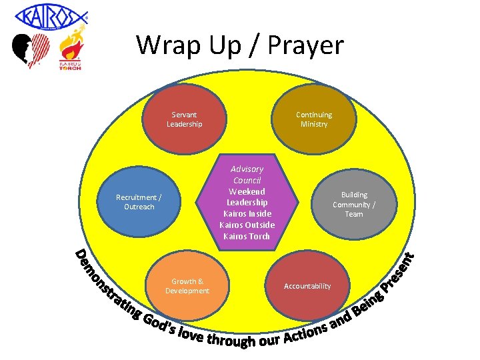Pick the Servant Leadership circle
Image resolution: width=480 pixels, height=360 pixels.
pos(184,119)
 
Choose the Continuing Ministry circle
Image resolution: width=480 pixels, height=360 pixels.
pos(314,119)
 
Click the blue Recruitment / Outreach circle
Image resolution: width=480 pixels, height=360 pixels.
pos(139,202)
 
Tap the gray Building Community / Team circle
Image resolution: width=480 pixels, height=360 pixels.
pos(354,204)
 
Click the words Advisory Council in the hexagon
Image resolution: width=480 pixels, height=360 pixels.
pos(247,175)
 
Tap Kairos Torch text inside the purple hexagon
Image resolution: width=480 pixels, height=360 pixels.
pos(247,236)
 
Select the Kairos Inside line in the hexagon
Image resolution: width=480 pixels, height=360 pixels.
pos(247,213)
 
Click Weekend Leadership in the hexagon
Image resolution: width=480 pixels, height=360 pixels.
pos(247,197)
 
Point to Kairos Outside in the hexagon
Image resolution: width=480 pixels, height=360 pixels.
pos(247,225)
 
